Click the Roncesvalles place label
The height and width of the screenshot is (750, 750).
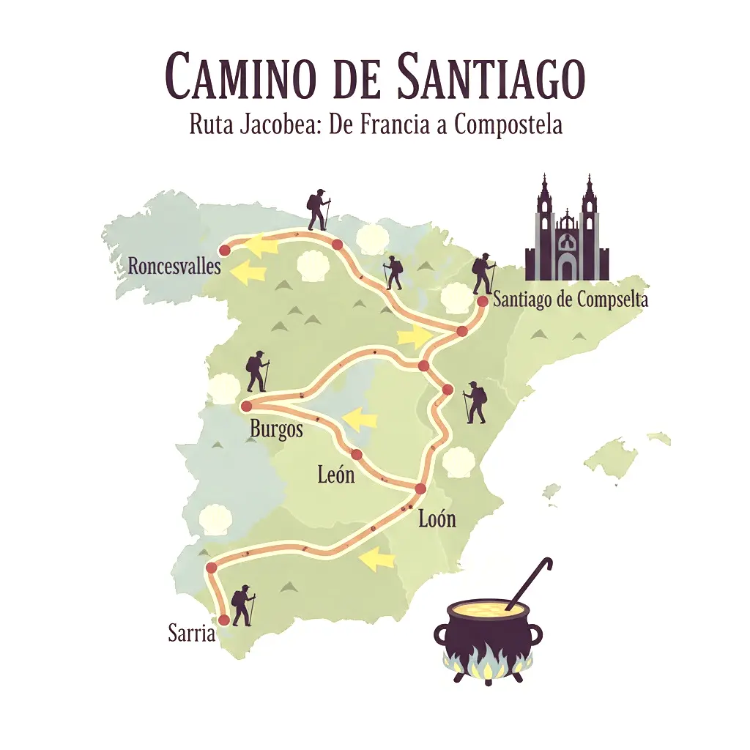[x=174, y=266]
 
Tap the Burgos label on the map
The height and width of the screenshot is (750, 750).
[x=276, y=429]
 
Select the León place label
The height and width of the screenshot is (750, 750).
[x=335, y=475]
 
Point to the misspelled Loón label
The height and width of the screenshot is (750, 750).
[x=437, y=519]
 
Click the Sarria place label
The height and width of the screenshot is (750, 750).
[x=191, y=634]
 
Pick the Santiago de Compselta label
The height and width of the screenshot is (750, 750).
[x=571, y=300]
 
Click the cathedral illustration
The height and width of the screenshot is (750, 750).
[x=566, y=231]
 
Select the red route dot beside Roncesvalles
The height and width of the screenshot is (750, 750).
[x=225, y=250]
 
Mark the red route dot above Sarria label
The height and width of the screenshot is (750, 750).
[x=224, y=620]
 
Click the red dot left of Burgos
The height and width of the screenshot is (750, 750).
[x=246, y=406]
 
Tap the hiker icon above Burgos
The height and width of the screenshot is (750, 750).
[x=257, y=371]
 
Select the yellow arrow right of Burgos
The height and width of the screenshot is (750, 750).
[x=360, y=420]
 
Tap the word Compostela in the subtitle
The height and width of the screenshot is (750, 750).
[x=508, y=125]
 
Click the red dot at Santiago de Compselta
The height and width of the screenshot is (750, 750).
[x=482, y=301]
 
